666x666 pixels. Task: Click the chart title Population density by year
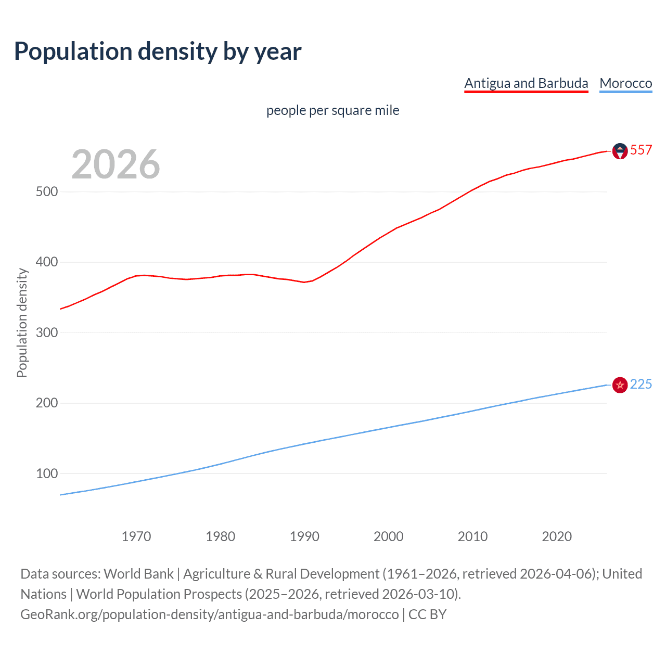[x=158, y=52]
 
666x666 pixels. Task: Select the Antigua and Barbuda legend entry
[x=526, y=83]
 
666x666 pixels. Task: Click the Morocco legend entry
[x=625, y=83]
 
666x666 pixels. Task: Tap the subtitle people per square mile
[x=332, y=110]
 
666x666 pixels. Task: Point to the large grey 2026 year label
[x=116, y=164]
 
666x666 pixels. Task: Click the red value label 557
[x=641, y=150]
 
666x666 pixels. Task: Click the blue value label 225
[x=641, y=385]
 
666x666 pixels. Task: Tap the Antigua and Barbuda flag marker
[x=620, y=151]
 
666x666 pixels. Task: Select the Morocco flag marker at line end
[x=620, y=385]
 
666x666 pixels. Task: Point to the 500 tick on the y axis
[x=47, y=192]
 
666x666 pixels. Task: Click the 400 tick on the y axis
[x=47, y=262]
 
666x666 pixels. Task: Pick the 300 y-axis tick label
[x=47, y=332]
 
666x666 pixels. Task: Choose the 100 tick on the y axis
[x=47, y=473]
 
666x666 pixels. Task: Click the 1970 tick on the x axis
[x=136, y=536]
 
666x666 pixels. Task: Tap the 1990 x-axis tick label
[x=304, y=536]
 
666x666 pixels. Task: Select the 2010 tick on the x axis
[x=472, y=536]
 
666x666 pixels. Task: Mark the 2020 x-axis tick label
[x=557, y=536]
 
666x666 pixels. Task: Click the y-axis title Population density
[x=22, y=323]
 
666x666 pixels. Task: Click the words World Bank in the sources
[x=138, y=574]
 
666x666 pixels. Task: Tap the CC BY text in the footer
[x=427, y=614]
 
